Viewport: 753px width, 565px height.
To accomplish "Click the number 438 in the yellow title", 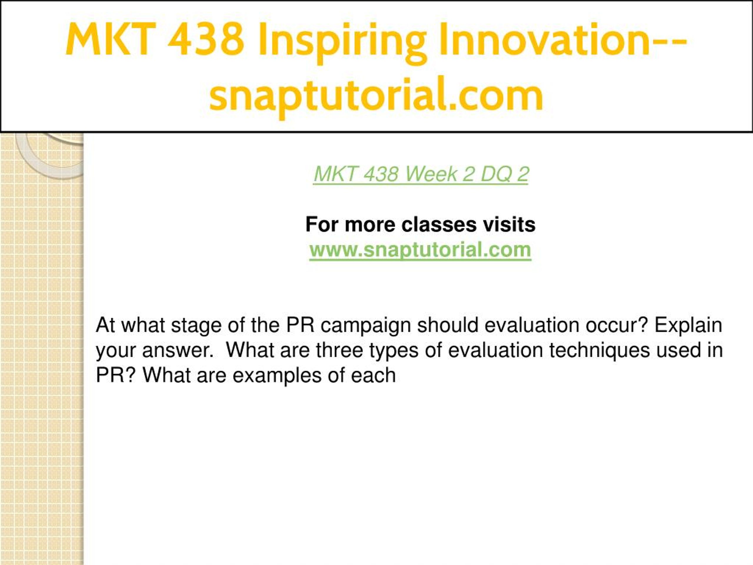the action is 206,39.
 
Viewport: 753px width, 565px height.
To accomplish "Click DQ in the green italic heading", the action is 496,175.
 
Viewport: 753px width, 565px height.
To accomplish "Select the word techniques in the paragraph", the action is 599,351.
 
